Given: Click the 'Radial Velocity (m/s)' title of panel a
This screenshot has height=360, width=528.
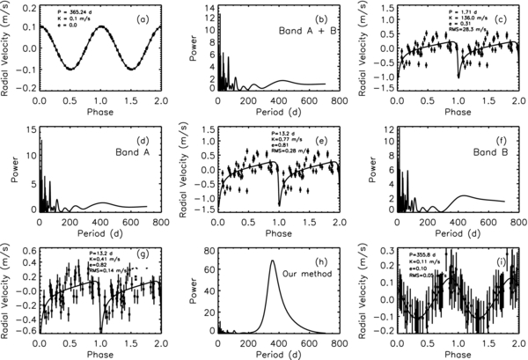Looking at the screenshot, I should pos(8,48).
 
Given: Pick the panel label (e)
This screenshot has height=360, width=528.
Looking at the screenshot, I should pos(326,138).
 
